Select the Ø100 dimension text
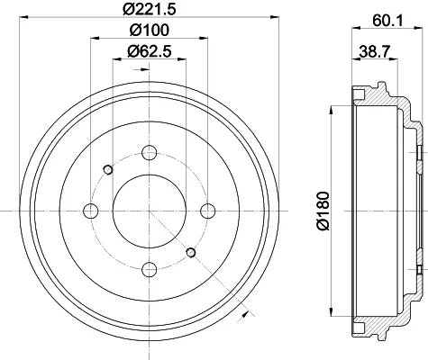pyautogui.click(x=150, y=30)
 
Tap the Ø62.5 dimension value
pyautogui.click(x=150, y=51)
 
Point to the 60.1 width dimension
pyautogui.click(x=387, y=21)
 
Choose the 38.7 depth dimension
pyautogui.click(x=375, y=51)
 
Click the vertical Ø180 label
pyautogui.click(x=323, y=211)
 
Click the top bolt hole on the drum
pyautogui.click(x=150, y=152)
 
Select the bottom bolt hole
pyautogui.click(x=150, y=269)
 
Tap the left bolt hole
pyautogui.click(x=90, y=211)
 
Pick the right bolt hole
pyautogui.click(x=208, y=211)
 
